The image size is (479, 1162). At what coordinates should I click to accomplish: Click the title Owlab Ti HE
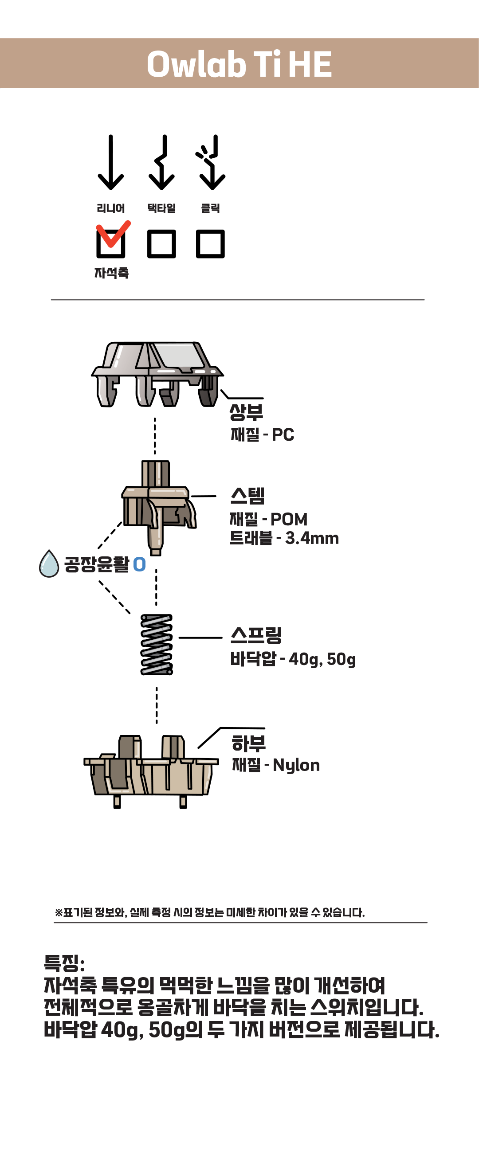pos(239,64)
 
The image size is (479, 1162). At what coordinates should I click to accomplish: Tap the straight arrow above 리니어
pos(110,162)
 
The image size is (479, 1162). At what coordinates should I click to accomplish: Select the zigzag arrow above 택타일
pos(161,162)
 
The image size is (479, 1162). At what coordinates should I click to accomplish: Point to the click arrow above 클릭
pos(211,162)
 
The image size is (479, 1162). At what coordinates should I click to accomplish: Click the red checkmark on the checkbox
pos(113,234)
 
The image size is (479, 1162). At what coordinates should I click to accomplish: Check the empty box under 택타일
pos(161,244)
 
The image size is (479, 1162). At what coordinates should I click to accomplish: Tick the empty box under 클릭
pos(210,244)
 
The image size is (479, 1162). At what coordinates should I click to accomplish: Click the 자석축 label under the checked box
pos(111,273)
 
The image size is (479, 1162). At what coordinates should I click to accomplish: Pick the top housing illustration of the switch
pos(157,374)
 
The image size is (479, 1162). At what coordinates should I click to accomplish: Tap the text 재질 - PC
pos(262,435)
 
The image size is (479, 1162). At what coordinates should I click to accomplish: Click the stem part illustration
pos(159,508)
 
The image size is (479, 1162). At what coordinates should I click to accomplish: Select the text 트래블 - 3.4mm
pos(284,538)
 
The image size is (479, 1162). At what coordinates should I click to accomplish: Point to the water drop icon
pos(49,563)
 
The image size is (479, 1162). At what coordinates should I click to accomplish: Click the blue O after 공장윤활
pos(140,564)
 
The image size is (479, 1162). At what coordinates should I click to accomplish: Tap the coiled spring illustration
pos(157,644)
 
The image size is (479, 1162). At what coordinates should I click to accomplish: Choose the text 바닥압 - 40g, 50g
pos(293,659)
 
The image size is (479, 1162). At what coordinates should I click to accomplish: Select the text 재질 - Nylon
pos(276,766)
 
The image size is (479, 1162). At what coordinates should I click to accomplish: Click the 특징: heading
pos(64,963)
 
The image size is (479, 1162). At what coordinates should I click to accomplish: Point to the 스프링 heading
pos(256,635)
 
